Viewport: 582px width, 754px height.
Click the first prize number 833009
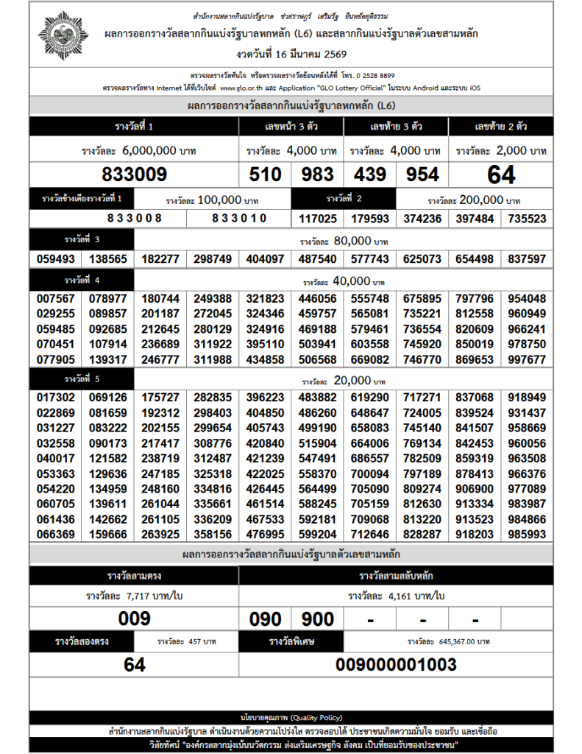click(x=135, y=175)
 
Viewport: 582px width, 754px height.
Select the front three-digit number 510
click(x=266, y=175)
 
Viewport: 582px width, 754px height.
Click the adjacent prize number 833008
click(x=134, y=219)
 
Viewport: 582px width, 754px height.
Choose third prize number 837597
click(x=527, y=259)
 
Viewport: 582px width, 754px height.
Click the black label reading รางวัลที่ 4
click(x=82, y=281)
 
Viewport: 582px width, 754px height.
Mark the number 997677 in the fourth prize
click(x=527, y=359)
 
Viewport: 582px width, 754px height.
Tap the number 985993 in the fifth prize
click(x=527, y=535)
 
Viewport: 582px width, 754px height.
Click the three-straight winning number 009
click(x=135, y=619)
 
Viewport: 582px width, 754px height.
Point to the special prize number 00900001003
click(x=396, y=665)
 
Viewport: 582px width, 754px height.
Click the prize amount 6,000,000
click(x=149, y=151)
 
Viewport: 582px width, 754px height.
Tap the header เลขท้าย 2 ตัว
click(x=500, y=127)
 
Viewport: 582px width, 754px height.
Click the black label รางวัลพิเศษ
click(x=292, y=641)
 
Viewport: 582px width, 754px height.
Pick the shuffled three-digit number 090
click(x=266, y=619)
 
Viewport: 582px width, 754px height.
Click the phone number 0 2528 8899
click(x=371, y=76)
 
